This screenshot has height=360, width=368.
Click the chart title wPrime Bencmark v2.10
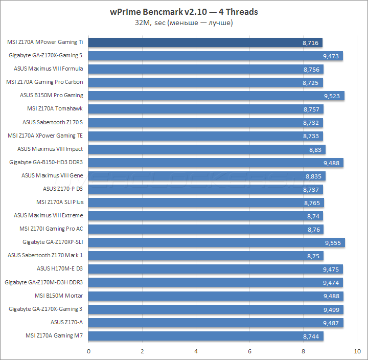(184, 12)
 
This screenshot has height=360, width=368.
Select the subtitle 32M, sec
(184, 22)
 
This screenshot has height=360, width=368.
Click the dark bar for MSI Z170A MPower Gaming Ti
(204, 42)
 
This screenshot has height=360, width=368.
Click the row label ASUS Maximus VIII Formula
(49, 69)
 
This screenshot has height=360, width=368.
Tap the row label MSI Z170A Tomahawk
(55, 108)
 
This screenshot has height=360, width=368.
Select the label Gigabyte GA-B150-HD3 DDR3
(46, 162)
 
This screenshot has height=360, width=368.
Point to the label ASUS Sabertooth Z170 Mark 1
(45, 255)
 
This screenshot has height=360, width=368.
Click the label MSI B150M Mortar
(59, 296)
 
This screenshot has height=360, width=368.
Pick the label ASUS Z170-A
(66, 322)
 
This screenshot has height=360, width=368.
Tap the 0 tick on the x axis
(89, 351)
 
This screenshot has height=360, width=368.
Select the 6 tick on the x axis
(250, 351)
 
